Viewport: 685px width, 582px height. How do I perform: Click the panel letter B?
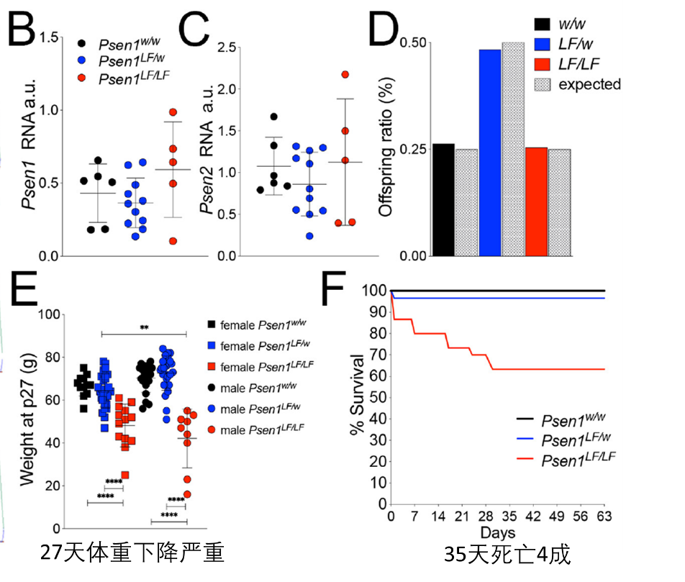pyautogui.click(x=22, y=32)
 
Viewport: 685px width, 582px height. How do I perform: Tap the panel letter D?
pyautogui.click(x=384, y=32)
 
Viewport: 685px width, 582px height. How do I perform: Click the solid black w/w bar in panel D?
pyautogui.click(x=444, y=200)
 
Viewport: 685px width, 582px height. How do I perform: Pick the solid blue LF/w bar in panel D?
pyautogui.click(x=490, y=153)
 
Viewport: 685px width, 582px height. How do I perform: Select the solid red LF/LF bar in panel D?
pyautogui.click(x=536, y=201)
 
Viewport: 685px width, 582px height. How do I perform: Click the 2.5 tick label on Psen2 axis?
pyautogui.click(x=227, y=47)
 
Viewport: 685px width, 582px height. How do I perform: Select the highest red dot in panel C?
pyautogui.click(x=345, y=74)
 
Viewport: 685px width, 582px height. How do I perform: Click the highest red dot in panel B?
pyautogui.click(x=173, y=112)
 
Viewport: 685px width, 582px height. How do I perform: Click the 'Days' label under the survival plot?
pyautogui.click(x=499, y=533)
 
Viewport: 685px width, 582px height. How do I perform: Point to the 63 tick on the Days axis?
pyautogui.click(x=604, y=517)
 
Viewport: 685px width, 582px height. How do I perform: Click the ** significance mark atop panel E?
pyautogui.click(x=144, y=327)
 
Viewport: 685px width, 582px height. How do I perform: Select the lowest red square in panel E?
pyautogui.click(x=125, y=475)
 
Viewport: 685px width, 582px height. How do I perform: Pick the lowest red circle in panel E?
pyautogui.click(x=188, y=494)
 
